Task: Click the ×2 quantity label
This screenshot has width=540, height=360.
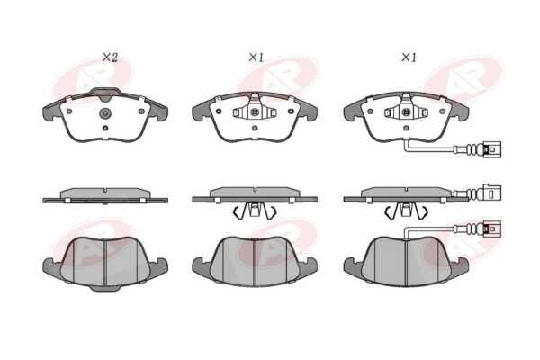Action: click(x=110, y=58)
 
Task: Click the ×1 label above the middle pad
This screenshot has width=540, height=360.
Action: click(x=256, y=58)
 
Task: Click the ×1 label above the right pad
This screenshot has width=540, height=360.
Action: click(x=409, y=58)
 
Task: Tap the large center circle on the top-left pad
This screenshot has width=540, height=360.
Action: click(x=105, y=112)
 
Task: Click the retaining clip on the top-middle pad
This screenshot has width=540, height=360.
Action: click(x=255, y=110)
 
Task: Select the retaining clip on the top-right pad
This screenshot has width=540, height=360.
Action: click(x=406, y=110)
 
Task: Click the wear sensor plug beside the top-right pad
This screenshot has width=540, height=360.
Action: click(x=492, y=149)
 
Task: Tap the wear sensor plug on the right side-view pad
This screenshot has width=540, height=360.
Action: click(x=492, y=193)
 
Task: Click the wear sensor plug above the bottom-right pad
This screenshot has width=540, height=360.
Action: click(x=492, y=229)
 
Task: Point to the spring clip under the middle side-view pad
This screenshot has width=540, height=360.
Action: click(x=255, y=210)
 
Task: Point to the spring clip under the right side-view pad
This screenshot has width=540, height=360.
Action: click(x=406, y=210)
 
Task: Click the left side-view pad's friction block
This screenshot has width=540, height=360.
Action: click(x=105, y=193)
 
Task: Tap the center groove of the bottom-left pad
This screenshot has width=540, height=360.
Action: click(x=104, y=263)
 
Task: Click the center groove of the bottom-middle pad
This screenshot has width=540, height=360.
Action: click(x=255, y=263)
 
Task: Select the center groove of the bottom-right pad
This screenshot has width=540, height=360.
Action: click(x=406, y=263)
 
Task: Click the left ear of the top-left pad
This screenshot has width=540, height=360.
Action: click(x=51, y=112)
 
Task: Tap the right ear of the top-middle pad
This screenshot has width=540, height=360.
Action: click(x=308, y=110)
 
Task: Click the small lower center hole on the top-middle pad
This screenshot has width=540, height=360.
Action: click(x=255, y=128)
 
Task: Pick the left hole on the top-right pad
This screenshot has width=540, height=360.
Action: click(x=370, y=112)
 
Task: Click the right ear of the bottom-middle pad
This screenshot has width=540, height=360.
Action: click(x=308, y=267)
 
